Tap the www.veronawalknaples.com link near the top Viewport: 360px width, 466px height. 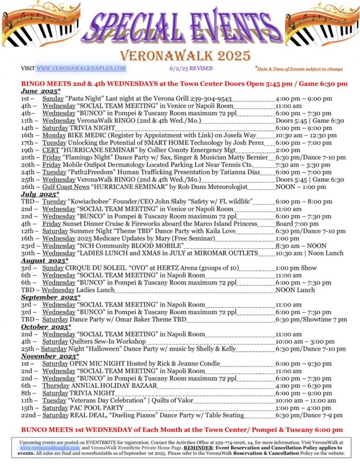click(81, 68)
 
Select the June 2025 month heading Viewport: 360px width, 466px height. click(40, 91)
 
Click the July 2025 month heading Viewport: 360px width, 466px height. click(40, 194)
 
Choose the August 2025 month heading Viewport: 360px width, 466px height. click(45, 261)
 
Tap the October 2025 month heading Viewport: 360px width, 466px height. click(46, 327)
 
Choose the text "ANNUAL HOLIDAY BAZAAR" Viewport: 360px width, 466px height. click(114, 386)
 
